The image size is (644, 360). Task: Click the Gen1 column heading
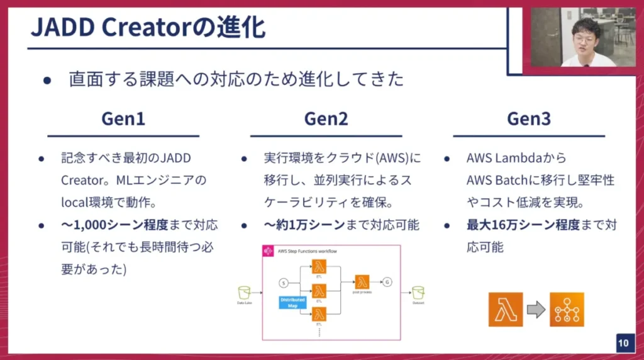point(123,119)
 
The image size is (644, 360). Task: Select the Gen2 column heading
point(326,119)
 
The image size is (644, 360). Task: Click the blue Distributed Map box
point(292,303)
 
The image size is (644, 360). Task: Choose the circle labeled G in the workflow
point(387,281)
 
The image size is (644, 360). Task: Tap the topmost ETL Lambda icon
point(319,266)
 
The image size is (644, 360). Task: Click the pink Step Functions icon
point(267,250)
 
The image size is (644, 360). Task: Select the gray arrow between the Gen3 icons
point(536,309)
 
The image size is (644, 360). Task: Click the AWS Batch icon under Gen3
point(567,309)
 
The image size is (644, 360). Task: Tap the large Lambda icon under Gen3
point(506,309)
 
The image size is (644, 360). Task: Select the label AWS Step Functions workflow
point(308,251)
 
